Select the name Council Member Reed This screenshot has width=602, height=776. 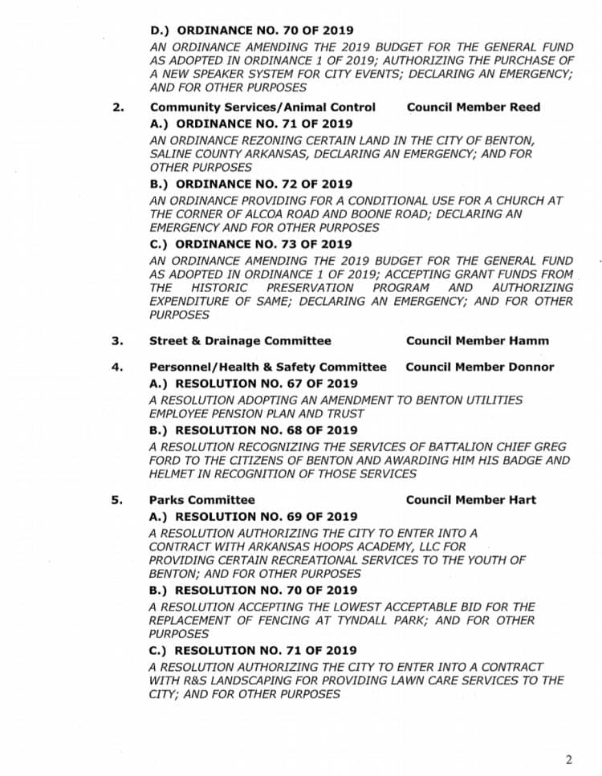pyautogui.click(x=474, y=107)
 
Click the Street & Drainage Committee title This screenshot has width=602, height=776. pyautogui.click(x=240, y=340)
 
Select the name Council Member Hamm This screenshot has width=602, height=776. pyautogui.click(x=478, y=340)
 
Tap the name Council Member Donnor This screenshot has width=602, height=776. pyautogui.click(x=480, y=367)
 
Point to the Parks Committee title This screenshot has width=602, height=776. pyautogui.click(x=201, y=499)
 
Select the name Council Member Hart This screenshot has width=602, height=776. pyautogui.click(x=471, y=499)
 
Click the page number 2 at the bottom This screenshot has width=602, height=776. pyautogui.click(x=568, y=759)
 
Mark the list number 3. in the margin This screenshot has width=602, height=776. pyautogui.click(x=117, y=340)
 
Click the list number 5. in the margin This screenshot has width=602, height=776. pyautogui.click(x=117, y=499)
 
